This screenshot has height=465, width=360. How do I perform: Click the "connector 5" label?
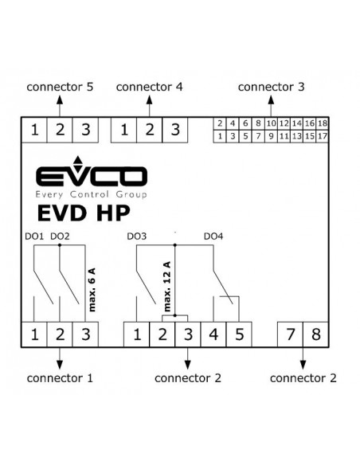click(60, 87)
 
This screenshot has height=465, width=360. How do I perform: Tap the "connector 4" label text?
click(150, 87)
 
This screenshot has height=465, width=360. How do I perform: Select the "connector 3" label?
click(271, 87)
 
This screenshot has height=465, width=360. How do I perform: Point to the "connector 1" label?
click(60, 378)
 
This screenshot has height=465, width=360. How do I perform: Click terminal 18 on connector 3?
click(323, 123)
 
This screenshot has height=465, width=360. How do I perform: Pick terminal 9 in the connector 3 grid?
click(271, 136)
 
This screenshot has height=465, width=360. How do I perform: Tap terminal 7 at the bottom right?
click(290, 334)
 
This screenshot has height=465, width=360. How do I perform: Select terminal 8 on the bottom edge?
click(316, 334)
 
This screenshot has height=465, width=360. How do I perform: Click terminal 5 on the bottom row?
click(239, 334)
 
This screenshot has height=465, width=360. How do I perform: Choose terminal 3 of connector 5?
click(86, 130)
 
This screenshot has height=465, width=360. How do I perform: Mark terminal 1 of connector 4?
click(124, 130)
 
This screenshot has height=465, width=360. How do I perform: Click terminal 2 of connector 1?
click(60, 334)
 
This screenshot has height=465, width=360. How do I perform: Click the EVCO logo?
click(92, 177)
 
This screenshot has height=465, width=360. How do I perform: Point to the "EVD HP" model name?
click(84, 213)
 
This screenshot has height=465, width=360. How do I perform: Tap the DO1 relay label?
click(34, 236)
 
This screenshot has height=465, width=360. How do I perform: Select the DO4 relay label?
click(213, 236)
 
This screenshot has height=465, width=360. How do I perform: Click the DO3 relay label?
click(137, 236)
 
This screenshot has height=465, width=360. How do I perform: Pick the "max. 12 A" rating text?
click(167, 286)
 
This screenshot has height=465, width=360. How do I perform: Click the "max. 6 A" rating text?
click(92, 290)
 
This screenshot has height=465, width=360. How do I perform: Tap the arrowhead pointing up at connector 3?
click(271, 100)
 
